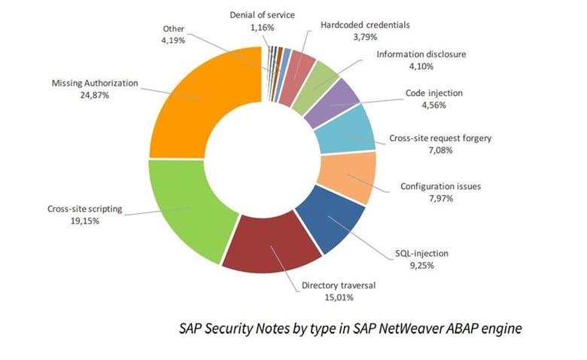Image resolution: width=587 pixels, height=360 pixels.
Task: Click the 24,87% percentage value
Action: (x=95, y=95)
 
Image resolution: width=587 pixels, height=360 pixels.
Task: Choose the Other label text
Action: (x=173, y=29)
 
